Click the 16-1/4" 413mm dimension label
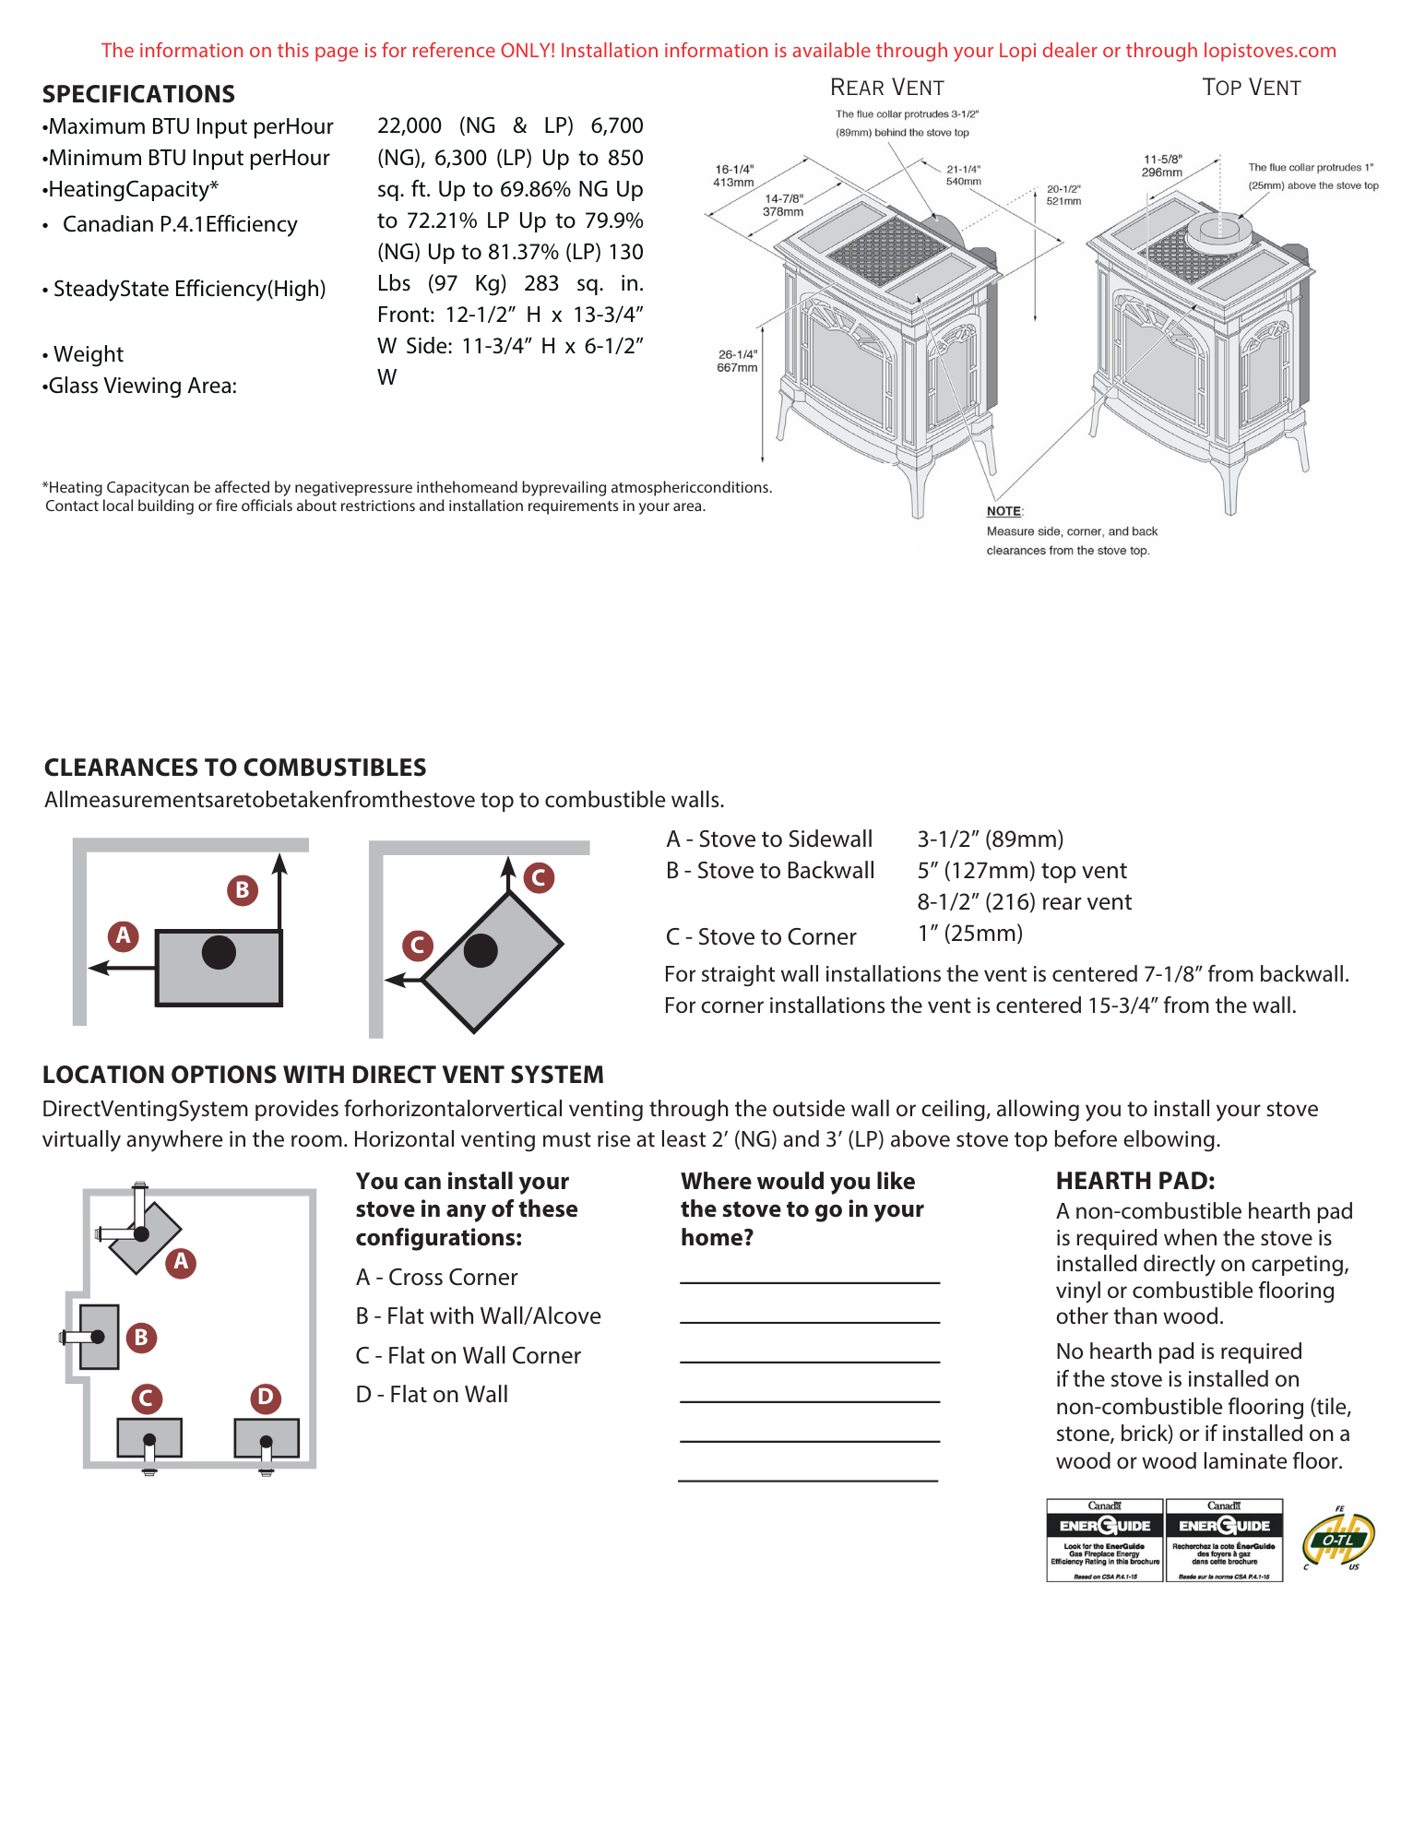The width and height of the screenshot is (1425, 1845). click(733, 175)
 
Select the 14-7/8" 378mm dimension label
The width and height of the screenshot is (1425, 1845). click(783, 205)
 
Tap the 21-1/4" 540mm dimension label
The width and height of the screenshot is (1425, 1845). click(963, 175)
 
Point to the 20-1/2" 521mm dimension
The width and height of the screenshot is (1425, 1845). click(1063, 195)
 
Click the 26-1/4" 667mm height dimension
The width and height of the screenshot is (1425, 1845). click(737, 361)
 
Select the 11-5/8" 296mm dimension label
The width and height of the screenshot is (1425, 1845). click(1162, 166)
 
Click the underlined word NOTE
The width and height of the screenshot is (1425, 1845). click(1003, 511)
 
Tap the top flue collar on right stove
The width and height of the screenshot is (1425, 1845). click(1218, 229)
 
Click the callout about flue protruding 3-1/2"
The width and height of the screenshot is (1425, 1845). click(906, 124)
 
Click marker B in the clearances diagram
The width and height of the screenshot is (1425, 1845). click(243, 890)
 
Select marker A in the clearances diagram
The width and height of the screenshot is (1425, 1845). click(124, 935)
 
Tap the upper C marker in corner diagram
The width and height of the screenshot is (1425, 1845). click(539, 877)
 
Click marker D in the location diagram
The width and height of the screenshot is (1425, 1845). click(266, 1397)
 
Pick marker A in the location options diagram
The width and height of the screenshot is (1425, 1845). click(181, 1261)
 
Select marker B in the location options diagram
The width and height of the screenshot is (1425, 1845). click(141, 1337)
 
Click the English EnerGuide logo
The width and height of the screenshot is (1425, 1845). click(1104, 1545)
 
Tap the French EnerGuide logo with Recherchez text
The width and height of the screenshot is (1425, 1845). click(1224, 1545)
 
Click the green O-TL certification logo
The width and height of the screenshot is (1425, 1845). click(1338, 1541)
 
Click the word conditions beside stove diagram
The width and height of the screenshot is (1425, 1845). click(734, 487)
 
